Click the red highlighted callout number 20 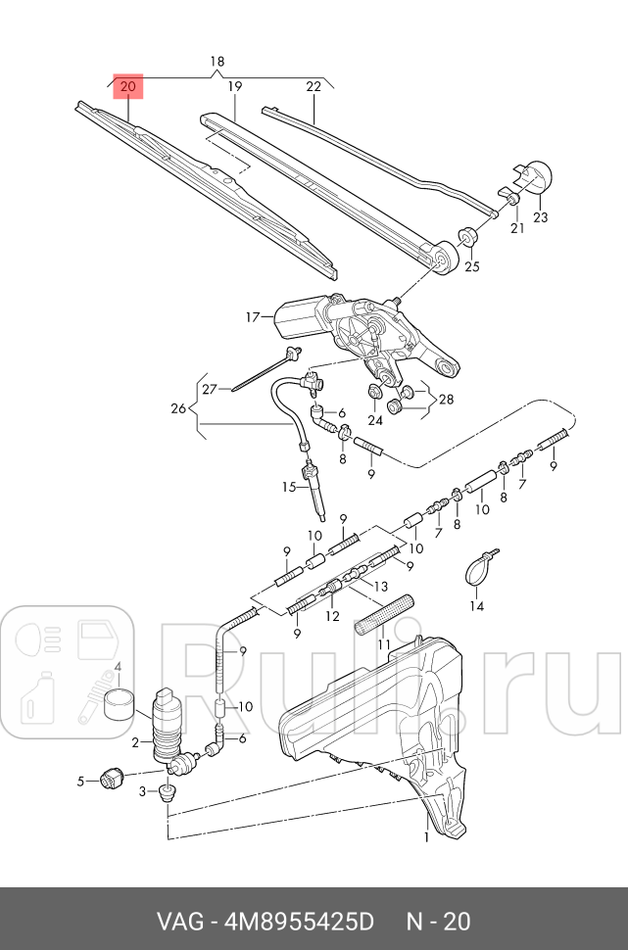coord(128,86)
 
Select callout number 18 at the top coord(217,61)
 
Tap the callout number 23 coord(540,216)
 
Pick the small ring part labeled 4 coord(119,704)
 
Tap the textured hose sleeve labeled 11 coord(383,615)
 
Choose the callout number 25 coord(471,266)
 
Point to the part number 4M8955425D coord(300,922)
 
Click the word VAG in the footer coord(180,922)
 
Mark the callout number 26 coord(178,408)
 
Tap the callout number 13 coord(380,586)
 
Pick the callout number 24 coord(375,420)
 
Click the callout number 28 coord(446,400)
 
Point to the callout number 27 coord(209,390)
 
